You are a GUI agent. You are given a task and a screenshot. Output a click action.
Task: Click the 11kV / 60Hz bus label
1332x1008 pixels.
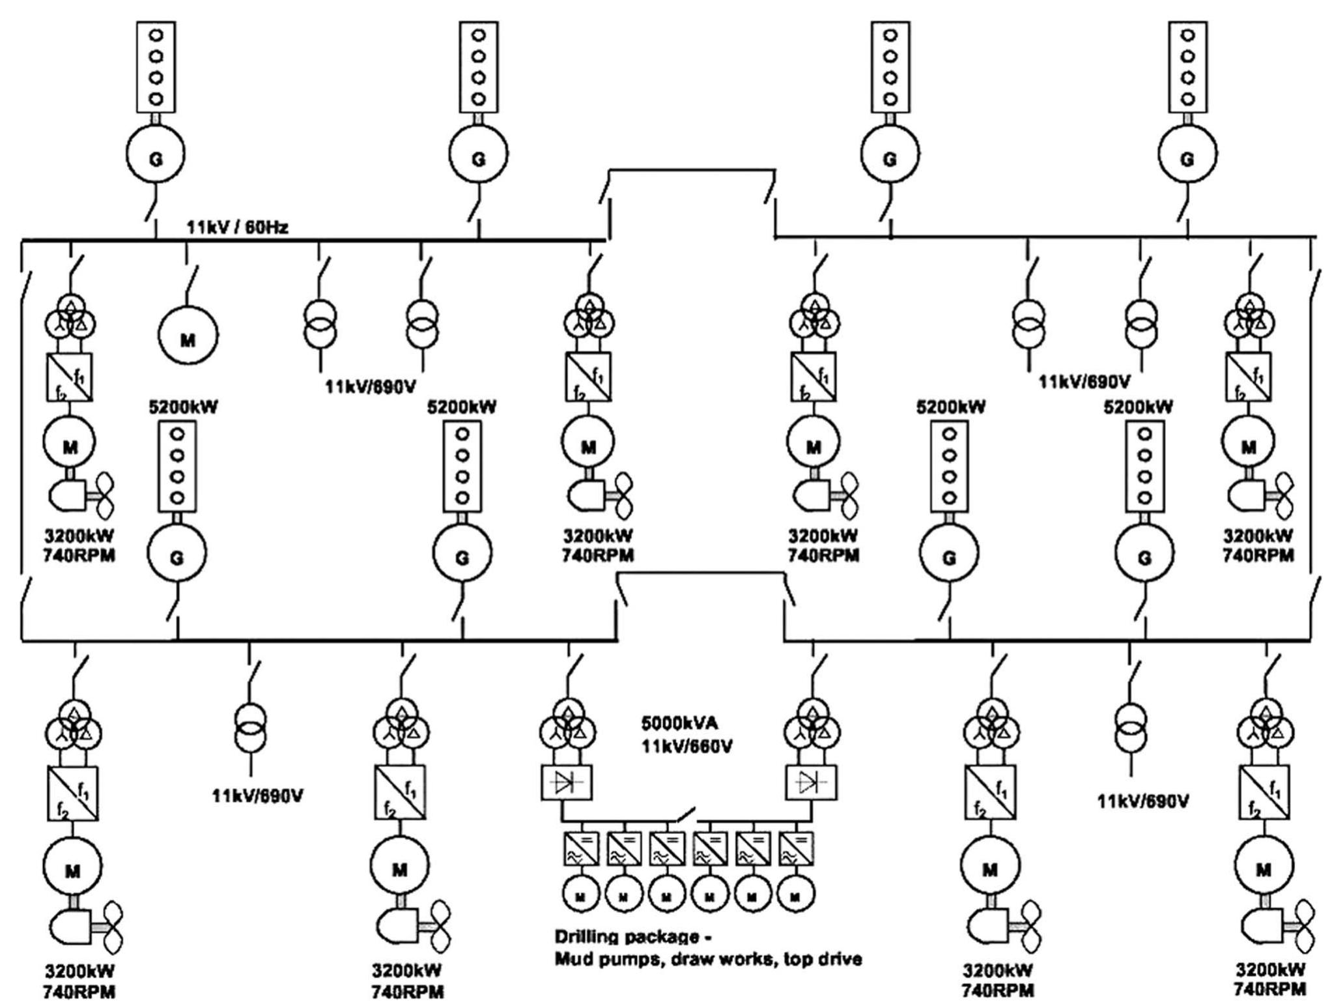(x=237, y=228)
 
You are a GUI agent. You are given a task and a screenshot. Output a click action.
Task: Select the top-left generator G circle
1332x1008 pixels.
(x=155, y=156)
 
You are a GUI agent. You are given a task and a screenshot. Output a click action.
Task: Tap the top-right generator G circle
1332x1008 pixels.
(x=1187, y=156)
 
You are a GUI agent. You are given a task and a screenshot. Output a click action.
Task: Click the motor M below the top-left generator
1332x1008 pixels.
(x=188, y=337)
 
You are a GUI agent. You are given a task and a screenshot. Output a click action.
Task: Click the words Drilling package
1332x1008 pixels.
(x=624, y=937)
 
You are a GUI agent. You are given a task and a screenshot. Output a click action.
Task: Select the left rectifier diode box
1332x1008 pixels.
(x=566, y=783)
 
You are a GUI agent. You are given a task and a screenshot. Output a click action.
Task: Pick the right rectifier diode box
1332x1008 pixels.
(x=812, y=783)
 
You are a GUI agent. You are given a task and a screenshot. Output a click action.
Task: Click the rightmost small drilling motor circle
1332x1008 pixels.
(x=795, y=897)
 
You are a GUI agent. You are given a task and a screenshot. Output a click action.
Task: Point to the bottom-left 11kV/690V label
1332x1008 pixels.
(x=257, y=796)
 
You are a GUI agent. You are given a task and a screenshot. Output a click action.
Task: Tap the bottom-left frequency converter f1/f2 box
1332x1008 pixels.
(x=72, y=793)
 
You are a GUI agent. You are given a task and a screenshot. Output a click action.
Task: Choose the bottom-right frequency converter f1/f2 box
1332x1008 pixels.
(x=1264, y=793)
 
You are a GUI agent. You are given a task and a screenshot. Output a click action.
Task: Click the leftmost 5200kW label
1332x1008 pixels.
(x=183, y=407)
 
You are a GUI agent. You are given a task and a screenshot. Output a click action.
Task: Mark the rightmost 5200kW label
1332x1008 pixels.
(x=1137, y=407)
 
